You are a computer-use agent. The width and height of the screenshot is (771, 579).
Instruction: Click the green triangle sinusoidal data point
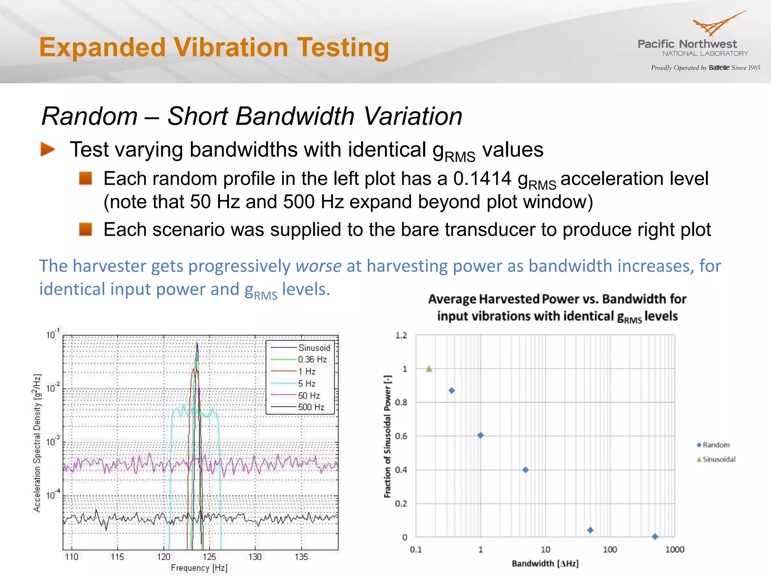click(429, 369)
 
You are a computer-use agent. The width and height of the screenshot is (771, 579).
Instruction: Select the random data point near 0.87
click(452, 391)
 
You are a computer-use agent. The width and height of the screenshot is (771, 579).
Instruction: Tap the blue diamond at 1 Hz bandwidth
click(480, 435)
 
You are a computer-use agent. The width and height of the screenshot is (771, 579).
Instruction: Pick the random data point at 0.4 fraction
click(526, 470)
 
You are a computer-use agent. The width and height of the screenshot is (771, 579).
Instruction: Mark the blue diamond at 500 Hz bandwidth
click(655, 536)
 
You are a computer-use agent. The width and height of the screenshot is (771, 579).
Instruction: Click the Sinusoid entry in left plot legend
click(314, 348)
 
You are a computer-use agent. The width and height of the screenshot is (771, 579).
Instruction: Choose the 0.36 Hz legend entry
click(312, 360)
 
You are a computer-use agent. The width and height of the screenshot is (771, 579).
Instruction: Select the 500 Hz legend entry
click(311, 407)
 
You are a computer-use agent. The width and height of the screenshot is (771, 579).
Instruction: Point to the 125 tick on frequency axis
click(209, 557)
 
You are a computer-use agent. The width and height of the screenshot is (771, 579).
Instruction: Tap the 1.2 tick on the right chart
click(401, 335)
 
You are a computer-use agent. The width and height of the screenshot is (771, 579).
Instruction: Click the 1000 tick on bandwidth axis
click(675, 550)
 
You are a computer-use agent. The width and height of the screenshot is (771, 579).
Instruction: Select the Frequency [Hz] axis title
click(199, 568)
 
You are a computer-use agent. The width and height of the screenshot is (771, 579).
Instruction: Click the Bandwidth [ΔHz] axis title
click(545, 564)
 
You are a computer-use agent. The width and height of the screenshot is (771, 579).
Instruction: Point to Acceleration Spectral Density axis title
click(37, 443)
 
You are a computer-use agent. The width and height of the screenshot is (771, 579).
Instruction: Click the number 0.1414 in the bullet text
click(482, 179)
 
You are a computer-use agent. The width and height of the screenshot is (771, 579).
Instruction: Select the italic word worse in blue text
click(318, 266)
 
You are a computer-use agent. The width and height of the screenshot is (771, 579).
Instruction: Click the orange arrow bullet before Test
click(48, 149)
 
